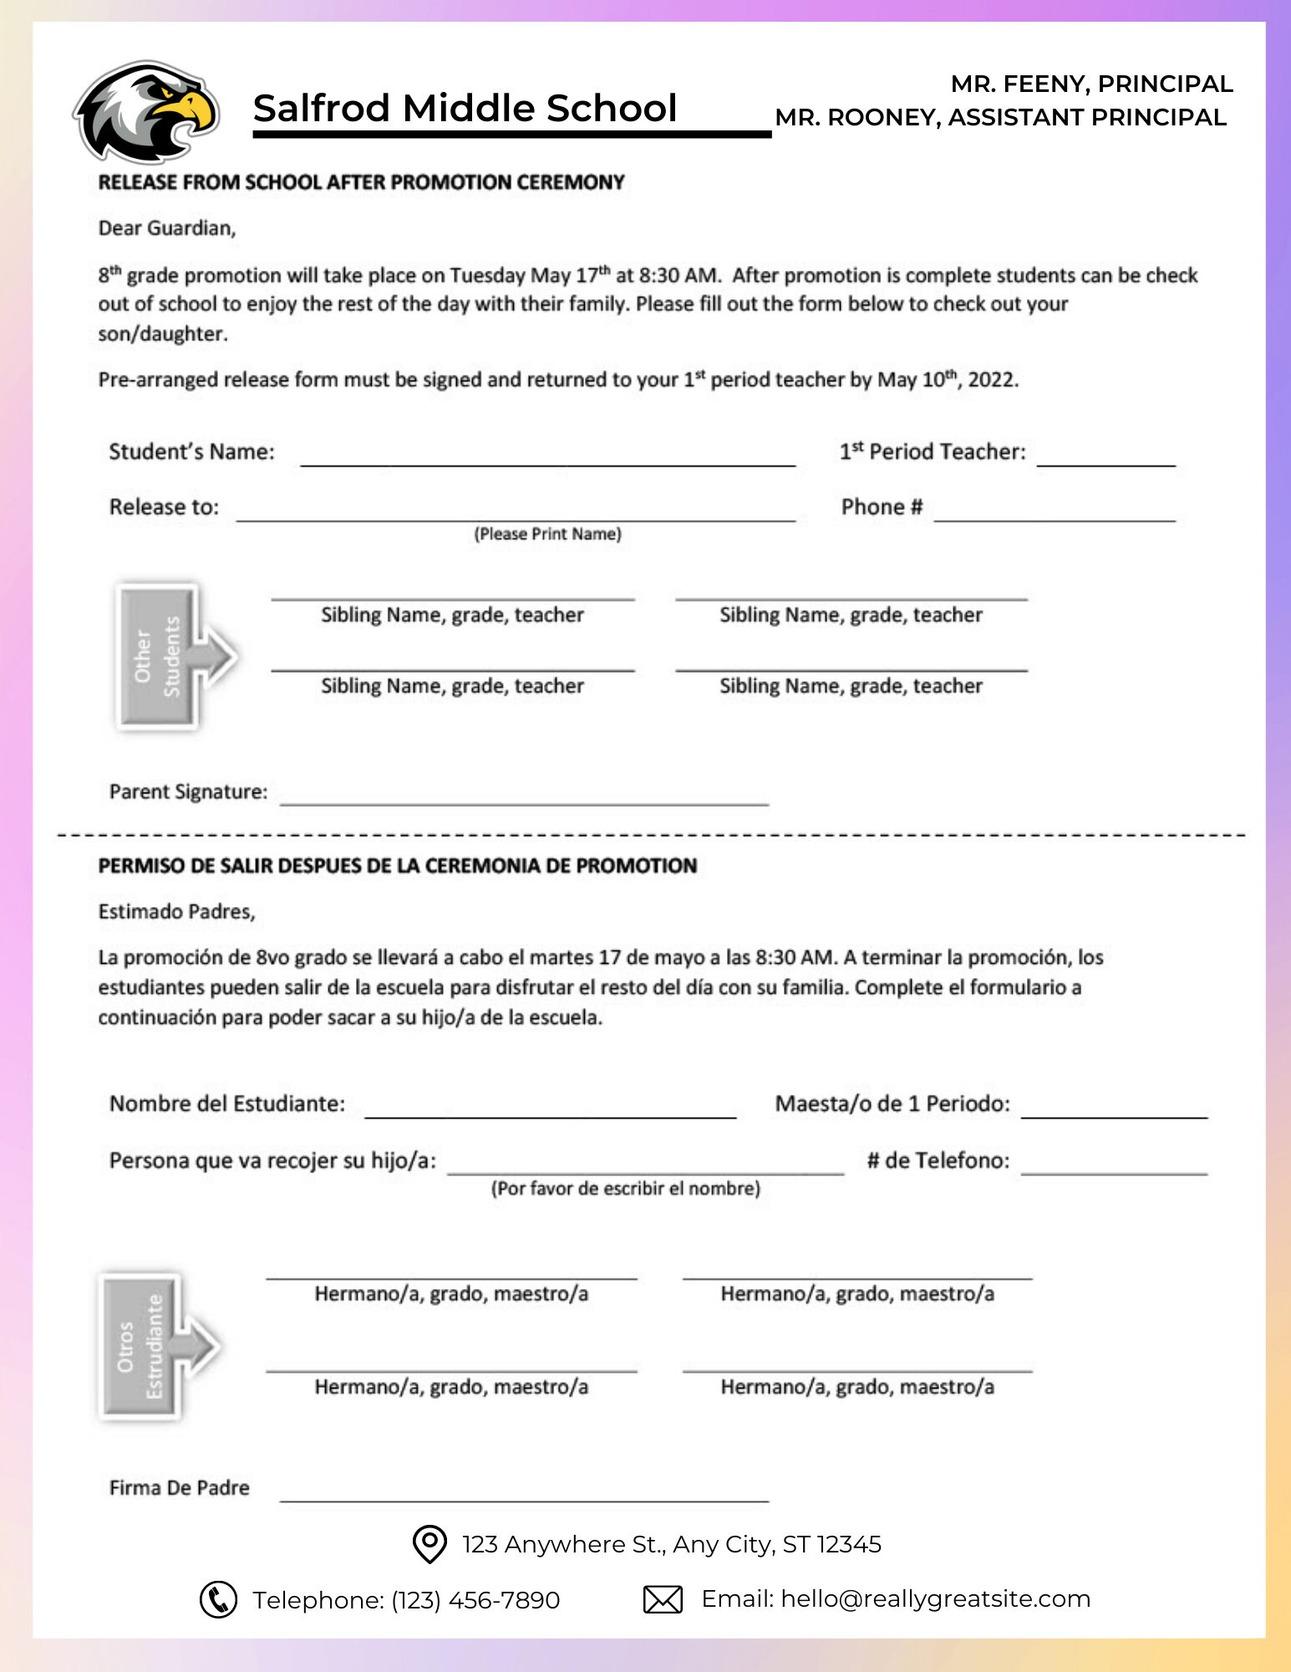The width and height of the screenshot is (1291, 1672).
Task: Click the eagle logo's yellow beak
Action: click(191, 109)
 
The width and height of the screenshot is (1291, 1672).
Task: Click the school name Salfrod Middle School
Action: click(465, 109)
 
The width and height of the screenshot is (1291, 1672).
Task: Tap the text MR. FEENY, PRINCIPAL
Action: click(1090, 84)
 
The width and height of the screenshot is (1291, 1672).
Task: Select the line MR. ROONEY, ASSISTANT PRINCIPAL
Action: click(1000, 118)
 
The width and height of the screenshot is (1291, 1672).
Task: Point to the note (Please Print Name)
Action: click(547, 534)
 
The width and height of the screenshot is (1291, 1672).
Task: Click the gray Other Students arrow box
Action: click(167, 656)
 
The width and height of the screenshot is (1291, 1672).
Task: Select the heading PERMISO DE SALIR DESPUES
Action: click(397, 866)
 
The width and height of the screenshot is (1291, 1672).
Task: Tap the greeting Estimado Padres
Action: click(176, 912)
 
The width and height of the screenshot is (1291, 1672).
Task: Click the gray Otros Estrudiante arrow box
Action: click(150, 1346)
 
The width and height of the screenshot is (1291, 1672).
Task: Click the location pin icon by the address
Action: click(429, 1543)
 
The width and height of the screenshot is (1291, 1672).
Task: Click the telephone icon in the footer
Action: click(218, 1599)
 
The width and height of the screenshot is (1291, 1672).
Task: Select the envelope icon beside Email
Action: click(663, 1599)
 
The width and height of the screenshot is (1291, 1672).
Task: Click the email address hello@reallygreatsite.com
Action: click(935, 1598)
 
